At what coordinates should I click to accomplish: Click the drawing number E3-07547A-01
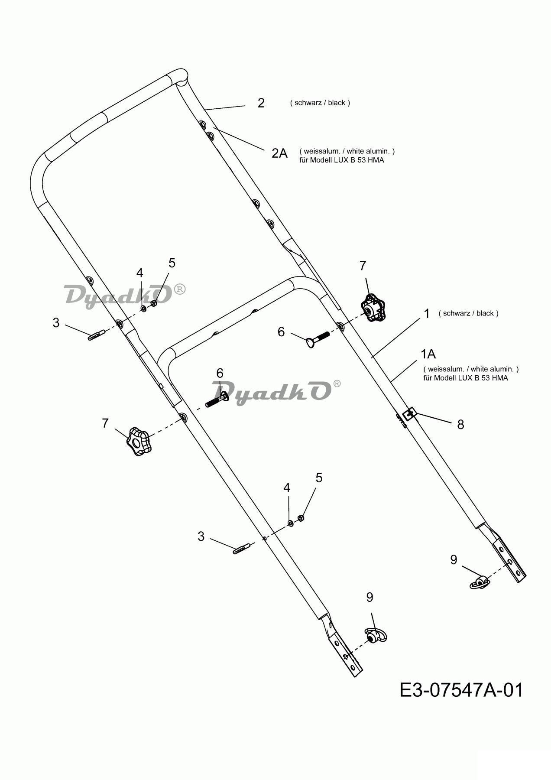pyautogui.click(x=461, y=690)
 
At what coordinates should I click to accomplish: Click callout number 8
pyautogui.click(x=460, y=424)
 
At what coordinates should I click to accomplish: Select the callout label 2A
pyautogui.click(x=279, y=153)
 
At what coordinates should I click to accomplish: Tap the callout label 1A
pyautogui.click(x=428, y=354)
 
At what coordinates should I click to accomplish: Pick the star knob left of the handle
pyautogui.click(x=138, y=442)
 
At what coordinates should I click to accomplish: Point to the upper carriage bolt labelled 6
pyautogui.click(x=317, y=338)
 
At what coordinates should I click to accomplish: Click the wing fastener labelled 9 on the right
pyautogui.click(x=480, y=582)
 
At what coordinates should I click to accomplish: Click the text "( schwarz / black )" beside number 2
pyautogui.click(x=320, y=103)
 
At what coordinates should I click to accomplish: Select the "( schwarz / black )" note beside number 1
pyautogui.click(x=468, y=313)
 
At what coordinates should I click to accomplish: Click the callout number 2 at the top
pyautogui.click(x=261, y=103)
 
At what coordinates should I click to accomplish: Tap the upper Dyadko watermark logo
pyautogui.click(x=125, y=296)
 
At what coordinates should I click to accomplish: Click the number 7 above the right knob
pyautogui.click(x=363, y=266)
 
